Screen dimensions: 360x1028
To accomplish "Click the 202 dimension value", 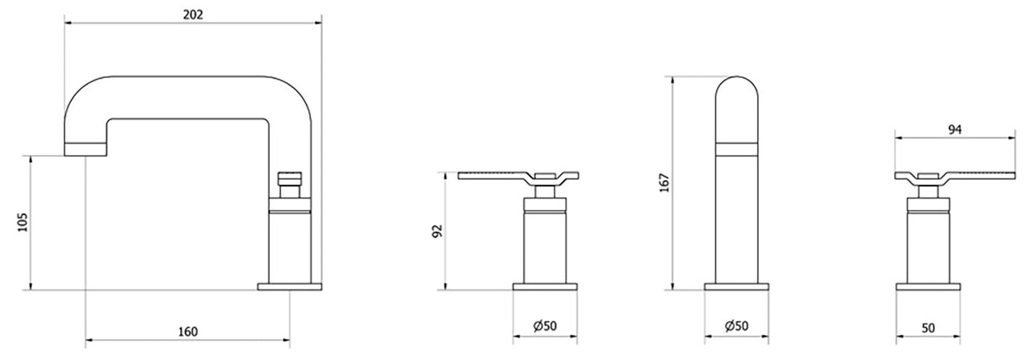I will (x=193, y=14).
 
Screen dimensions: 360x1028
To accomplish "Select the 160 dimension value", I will (x=188, y=332).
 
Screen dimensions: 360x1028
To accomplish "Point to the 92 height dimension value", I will (x=437, y=232).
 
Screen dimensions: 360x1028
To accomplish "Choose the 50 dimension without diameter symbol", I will (x=928, y=328).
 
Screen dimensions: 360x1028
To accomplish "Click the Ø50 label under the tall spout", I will (x=736, y=326).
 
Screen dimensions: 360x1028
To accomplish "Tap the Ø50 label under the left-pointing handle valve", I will (x=544, y=326).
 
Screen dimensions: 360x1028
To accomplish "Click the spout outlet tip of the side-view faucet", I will (x=85, y=149).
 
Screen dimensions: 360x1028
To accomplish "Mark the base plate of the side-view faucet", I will (x=290, y=287).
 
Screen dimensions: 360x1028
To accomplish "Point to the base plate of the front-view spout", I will (x=736, y=287).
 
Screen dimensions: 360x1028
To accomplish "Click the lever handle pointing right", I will (x=982, y=175).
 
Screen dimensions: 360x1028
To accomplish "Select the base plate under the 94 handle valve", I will (x=928, y=287).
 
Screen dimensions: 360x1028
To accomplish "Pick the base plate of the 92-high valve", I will (x=545, y=287).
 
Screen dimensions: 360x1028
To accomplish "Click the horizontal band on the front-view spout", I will (x=736, y=149).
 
